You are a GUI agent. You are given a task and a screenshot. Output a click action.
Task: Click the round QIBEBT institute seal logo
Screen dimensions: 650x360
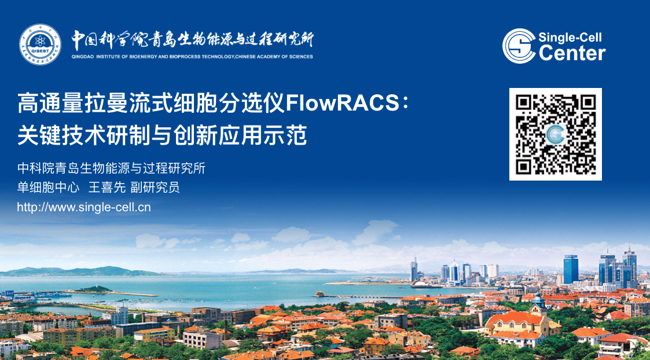(40, 45)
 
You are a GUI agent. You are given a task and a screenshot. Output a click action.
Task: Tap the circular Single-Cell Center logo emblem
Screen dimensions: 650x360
(519, 46)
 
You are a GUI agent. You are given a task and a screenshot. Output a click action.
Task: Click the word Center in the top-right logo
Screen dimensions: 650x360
(572, 53)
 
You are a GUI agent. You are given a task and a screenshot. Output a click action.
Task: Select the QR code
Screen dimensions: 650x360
(556, 134)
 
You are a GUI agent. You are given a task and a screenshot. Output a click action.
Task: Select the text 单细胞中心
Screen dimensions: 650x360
(48, 188)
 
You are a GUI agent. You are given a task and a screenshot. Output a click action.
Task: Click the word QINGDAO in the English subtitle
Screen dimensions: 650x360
(83, 56)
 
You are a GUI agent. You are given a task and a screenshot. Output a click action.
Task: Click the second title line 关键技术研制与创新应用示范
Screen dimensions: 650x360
(162, 135)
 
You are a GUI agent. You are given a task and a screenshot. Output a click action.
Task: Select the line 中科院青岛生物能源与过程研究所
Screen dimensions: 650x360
(111, 169)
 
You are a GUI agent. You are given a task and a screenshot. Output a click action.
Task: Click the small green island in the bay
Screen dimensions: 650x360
(93, 289)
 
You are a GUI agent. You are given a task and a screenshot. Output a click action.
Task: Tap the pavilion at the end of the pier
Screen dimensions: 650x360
(319, 294)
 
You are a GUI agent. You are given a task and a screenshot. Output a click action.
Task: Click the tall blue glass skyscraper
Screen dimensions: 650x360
(570, 269)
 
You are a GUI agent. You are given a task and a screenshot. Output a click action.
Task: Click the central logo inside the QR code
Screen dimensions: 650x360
(556, 134)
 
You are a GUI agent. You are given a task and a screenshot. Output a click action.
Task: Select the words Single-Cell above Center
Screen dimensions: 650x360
(570, 38)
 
